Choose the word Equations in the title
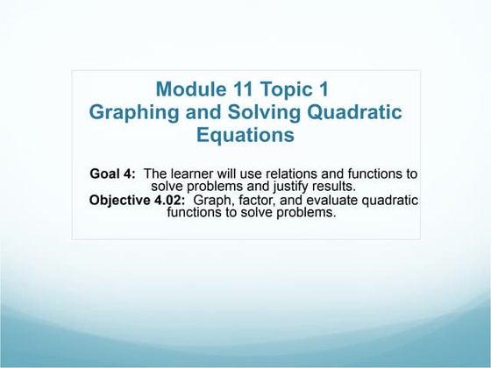(245, 136)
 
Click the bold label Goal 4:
(113, 173)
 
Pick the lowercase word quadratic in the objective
(388, 200)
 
